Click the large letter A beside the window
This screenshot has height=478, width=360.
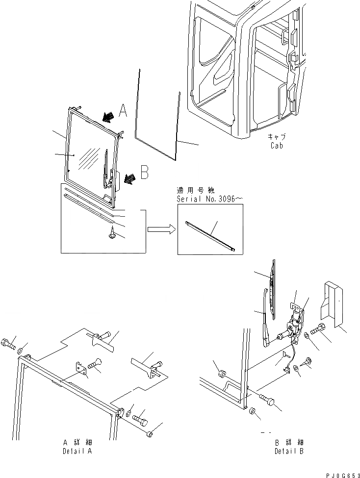[123, 112]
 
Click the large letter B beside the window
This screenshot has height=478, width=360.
[144, 173]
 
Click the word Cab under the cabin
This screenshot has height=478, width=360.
[277, 146]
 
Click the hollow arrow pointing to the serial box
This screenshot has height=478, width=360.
[160, 228]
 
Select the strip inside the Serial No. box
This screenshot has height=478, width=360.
[210, 236]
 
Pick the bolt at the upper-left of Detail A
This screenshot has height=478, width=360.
[8, 343]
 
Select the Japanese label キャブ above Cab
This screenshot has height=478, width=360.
[277, 137]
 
